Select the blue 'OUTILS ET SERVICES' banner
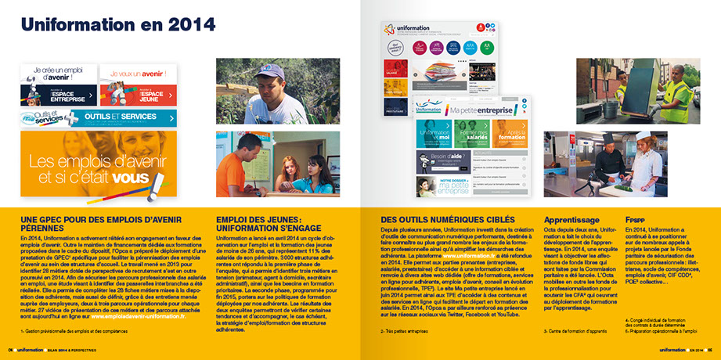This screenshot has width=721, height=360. (99, 118)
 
